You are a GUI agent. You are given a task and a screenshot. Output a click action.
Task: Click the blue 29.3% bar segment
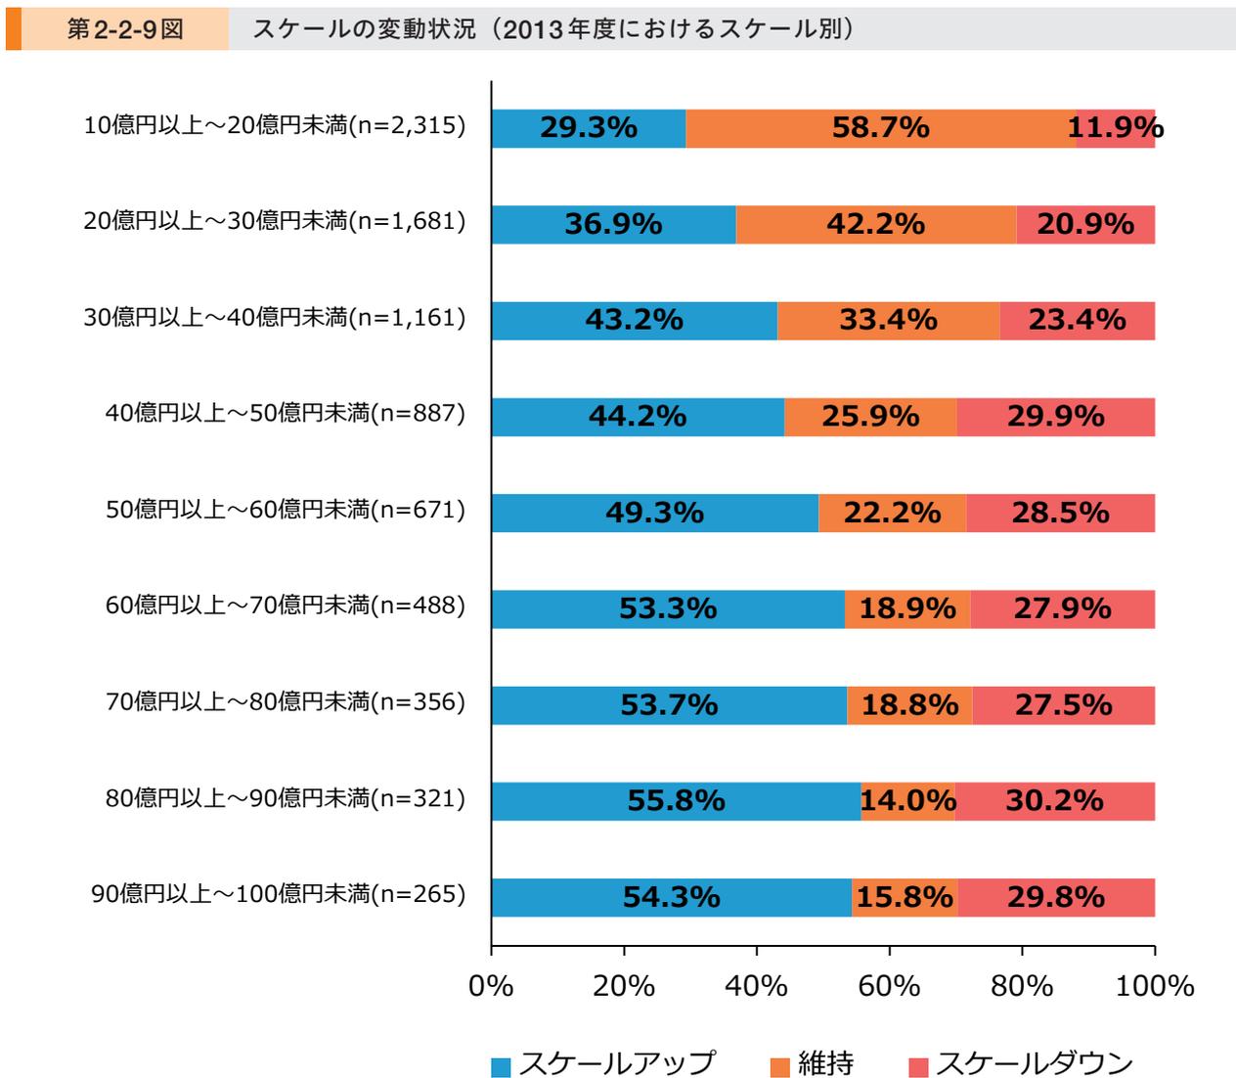(588, 128)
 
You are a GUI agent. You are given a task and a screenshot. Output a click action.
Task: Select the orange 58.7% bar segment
(880, 128)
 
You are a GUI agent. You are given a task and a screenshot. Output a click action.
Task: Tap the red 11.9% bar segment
(1116, 128)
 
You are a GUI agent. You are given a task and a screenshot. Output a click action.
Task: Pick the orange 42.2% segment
(875, 224)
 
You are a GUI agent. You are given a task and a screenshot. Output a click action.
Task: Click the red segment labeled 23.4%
(1077, 320)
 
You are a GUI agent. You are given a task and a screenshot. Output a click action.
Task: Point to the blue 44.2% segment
(638, 417)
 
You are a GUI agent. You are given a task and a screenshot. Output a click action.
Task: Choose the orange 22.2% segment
(892, 513)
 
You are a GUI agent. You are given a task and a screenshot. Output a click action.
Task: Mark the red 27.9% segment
(1062, 608)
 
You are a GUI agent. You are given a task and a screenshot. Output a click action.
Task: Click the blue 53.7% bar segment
(669, 705)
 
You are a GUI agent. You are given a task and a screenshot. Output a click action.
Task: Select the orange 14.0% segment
(907, 801)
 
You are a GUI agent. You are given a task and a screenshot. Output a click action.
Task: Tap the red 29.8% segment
(1056, 897)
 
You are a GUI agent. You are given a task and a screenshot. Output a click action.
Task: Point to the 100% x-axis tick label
(1155, 985)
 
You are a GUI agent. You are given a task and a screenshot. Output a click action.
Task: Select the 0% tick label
(491, 985)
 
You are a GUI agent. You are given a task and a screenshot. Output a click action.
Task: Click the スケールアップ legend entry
(603, 1063)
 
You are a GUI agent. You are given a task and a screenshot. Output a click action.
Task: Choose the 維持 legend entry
(813, 1063)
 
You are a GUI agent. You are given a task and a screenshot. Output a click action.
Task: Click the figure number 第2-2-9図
(125, 29)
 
